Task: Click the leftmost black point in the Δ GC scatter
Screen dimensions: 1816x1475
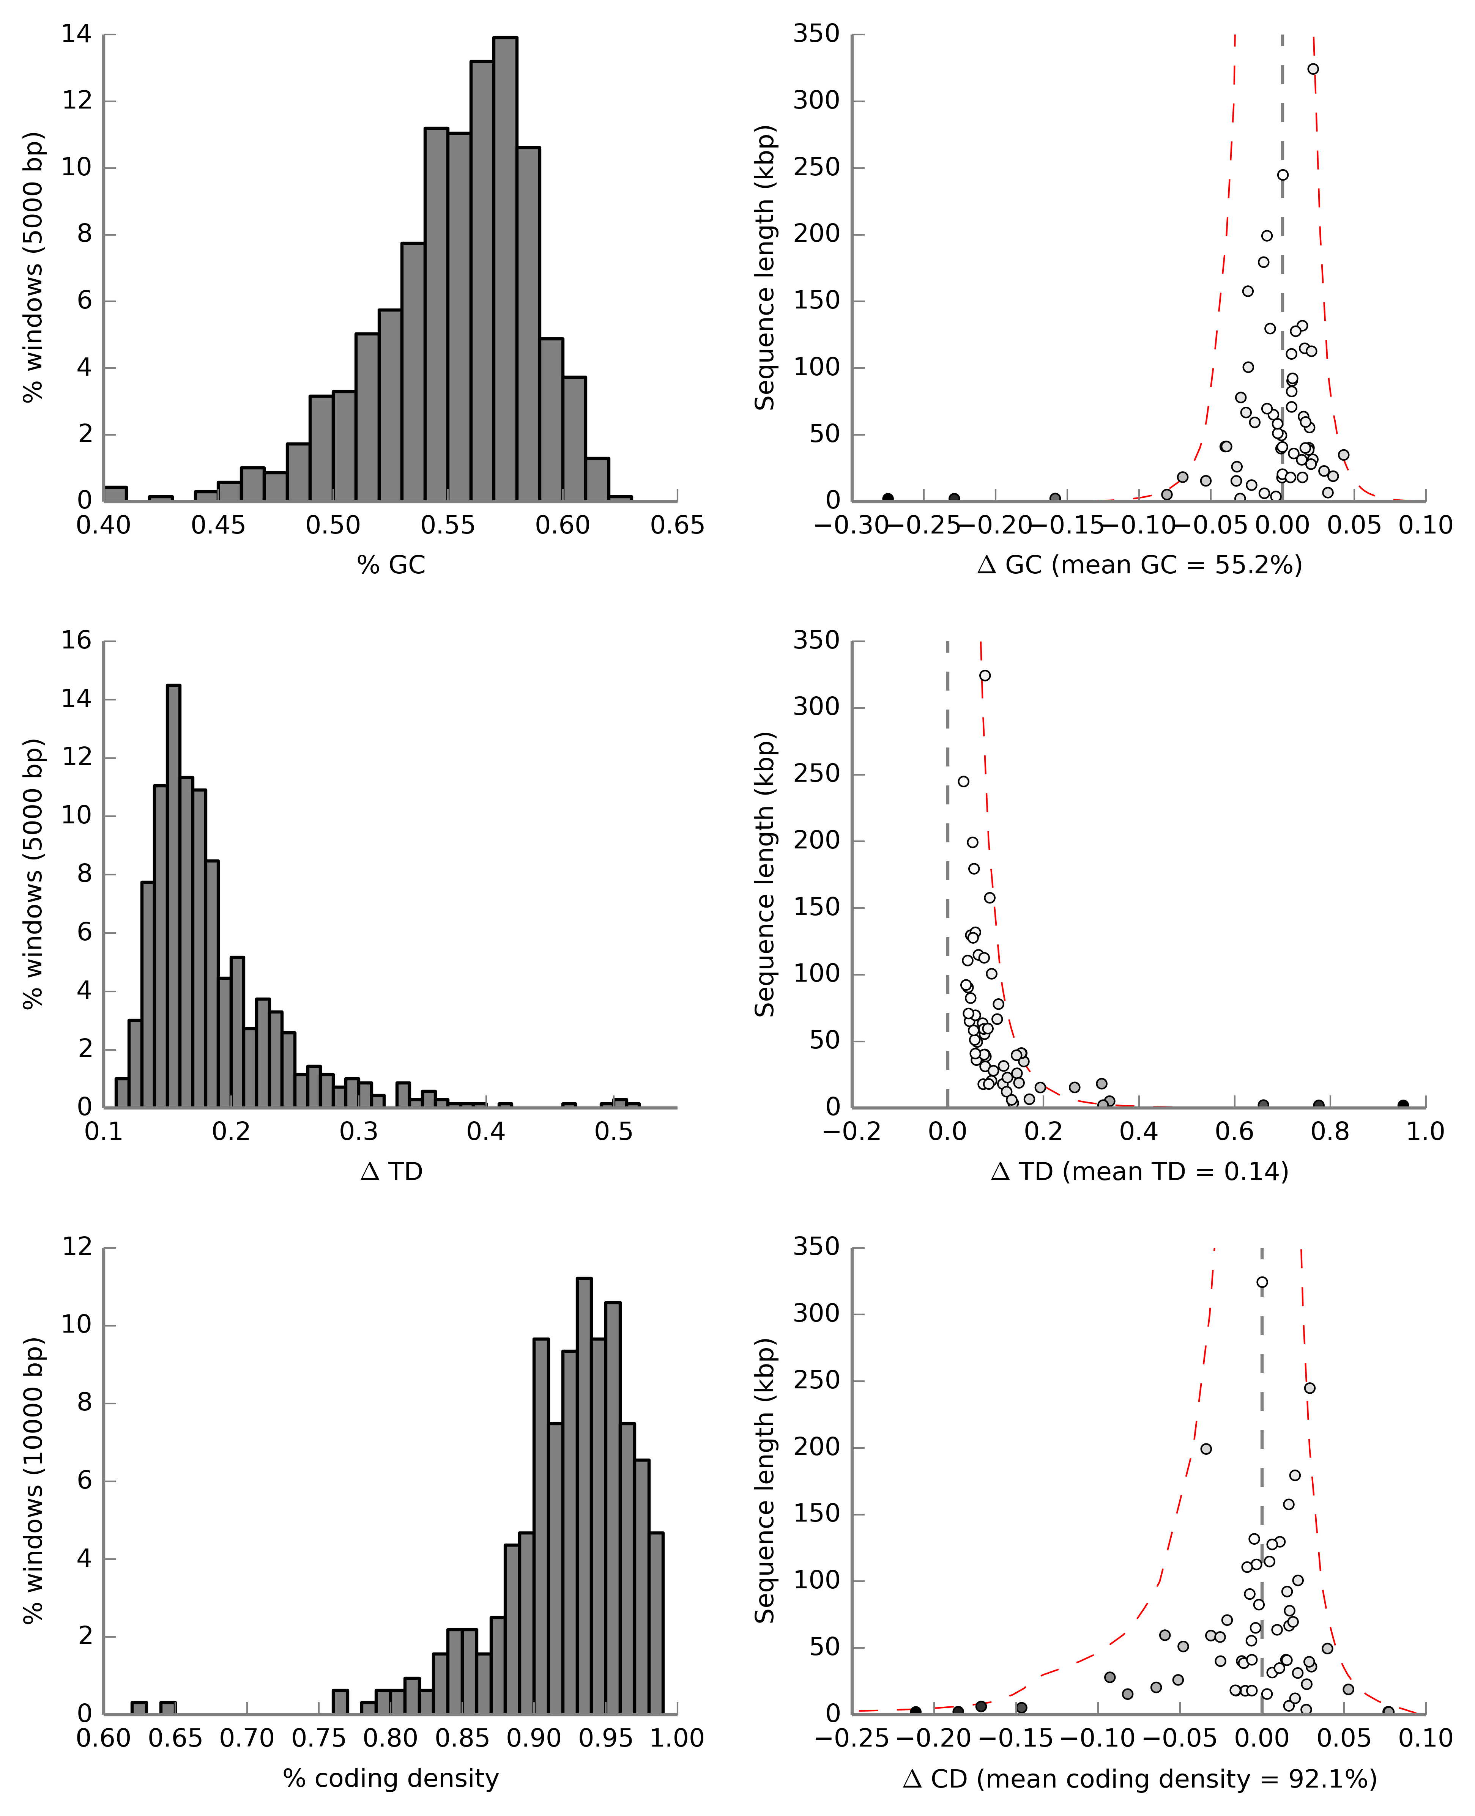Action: pos(888,499)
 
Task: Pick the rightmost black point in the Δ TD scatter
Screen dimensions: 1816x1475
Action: pos(1403,1105)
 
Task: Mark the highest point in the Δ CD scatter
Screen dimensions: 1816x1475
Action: pos(1262,1283)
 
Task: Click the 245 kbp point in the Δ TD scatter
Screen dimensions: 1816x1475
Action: pos(963,781)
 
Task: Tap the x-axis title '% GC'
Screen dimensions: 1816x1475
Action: pos(391,565)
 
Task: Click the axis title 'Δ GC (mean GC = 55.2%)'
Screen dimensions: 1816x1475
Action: pos(1139,565)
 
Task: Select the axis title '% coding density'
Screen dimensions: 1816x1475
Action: pos(391,1778)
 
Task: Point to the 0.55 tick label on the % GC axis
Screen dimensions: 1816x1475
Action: pos(448,526)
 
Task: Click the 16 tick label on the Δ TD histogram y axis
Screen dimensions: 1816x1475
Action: pos(76,640)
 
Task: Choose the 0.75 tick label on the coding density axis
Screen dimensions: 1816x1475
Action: pos(318,1739)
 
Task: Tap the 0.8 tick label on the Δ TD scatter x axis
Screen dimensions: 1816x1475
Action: pos(1330,1132)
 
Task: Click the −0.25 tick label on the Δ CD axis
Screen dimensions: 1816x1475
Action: pos(852,1739)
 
